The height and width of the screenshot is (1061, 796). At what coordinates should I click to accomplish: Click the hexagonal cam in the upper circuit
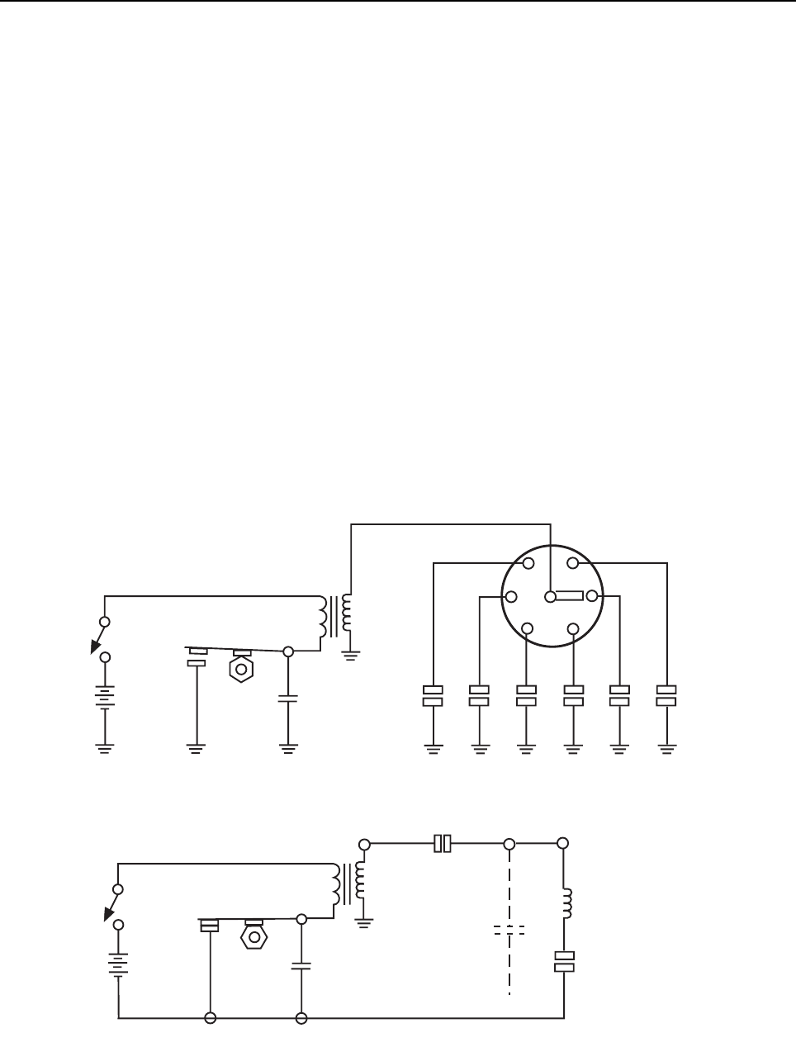coord(242,667)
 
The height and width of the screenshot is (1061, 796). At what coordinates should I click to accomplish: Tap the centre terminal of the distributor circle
coord(551,596)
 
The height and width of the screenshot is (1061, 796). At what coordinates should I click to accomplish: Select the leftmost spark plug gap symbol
coord(433,695)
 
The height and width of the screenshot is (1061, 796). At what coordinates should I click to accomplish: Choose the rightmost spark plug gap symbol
coord(666,695)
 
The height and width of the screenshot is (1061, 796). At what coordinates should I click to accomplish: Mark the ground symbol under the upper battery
coord(105,748)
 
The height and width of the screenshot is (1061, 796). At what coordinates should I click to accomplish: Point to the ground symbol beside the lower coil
coord(364,921)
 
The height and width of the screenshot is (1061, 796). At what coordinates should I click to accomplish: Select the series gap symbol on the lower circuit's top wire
coord(443,843)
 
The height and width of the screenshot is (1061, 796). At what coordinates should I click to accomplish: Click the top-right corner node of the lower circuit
coord(564,843)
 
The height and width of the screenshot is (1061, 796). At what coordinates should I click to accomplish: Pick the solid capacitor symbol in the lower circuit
coord(302,964)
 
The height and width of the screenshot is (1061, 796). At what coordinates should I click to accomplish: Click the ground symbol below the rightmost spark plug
coord(666,748)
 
